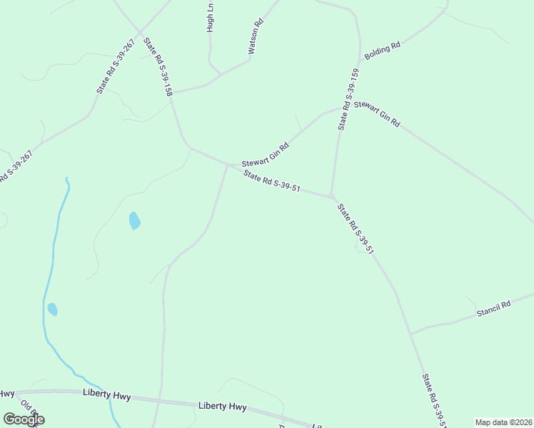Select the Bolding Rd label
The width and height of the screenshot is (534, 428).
pos(382,51)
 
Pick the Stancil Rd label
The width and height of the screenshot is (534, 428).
pos(494,308)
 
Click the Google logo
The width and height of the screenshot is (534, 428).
pos(24,419)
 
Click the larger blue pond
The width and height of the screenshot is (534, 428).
pos(134,221)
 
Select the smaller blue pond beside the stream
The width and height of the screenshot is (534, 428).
pos(52,309)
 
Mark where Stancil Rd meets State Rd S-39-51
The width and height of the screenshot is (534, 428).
pos(410,333)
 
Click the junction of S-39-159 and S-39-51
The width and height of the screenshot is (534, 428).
pos(331,195)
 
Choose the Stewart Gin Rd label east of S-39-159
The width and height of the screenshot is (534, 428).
pos(378,113)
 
